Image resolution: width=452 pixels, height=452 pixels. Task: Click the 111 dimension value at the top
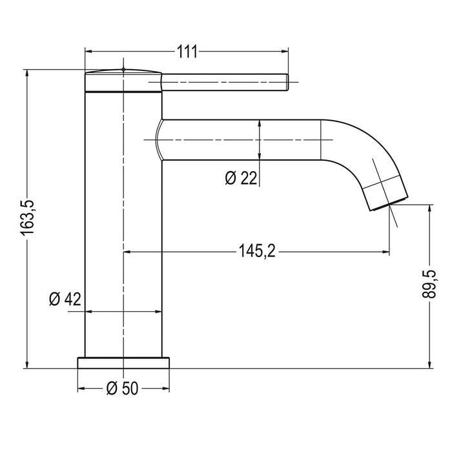click(187, 52)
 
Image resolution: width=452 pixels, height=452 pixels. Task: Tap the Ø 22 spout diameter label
click(241, 179)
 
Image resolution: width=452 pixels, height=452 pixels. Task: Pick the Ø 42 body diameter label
click(65, 298)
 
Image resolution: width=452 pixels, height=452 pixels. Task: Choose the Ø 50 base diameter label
click(122, 389)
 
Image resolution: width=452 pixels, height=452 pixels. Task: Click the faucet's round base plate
click(123, 362)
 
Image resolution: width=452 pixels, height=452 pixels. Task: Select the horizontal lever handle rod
click(223, 82)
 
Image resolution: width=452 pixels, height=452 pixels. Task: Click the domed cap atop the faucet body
click(123, 72)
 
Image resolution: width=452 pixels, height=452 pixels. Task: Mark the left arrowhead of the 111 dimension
click(89, 52)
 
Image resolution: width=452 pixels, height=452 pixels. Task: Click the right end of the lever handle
click(285, 82)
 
